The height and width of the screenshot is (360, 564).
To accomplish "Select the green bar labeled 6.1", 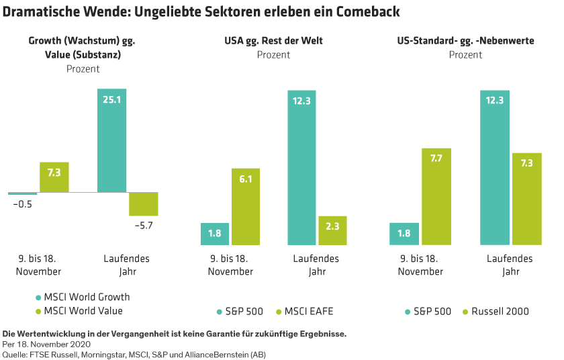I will pos(246,206).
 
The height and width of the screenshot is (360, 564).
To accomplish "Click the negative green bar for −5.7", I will pos(144,204).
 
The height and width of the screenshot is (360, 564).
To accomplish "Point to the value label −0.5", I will pos(22,204).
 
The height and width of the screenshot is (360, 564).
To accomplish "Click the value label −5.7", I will pos(144,226).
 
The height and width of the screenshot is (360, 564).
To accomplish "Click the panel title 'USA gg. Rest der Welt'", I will pos(273,41).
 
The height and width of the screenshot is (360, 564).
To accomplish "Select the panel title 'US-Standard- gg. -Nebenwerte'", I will pos(465,41).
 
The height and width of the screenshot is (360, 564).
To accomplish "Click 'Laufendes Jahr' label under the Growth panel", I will pos(127,265).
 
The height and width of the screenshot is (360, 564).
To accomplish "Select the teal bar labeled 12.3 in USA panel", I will pos(301,168).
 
